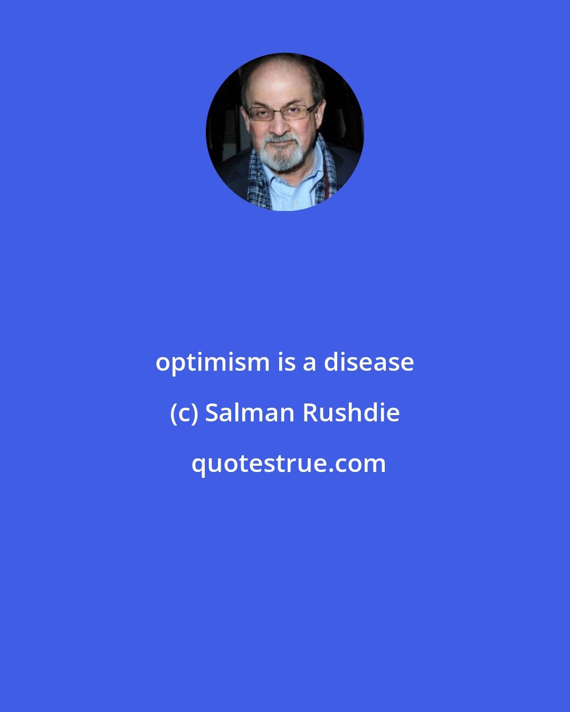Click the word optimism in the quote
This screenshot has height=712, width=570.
point(212,363)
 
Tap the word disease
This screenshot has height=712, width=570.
point(368,362)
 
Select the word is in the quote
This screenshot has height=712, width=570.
point(286,362)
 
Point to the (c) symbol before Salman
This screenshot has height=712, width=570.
point(184,413)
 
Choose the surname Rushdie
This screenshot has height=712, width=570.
point(350,412)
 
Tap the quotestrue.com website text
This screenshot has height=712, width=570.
point(288,464)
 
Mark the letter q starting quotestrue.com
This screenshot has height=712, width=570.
point(198,466)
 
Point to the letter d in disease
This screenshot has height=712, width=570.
point(331,362)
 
